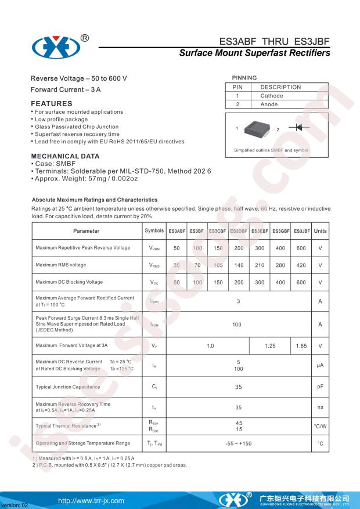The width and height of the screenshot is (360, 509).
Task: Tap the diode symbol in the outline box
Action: pyautogui.click(x=299, y=127)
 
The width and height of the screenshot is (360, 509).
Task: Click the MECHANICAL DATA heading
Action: pyautogui.click(x=64, y=156)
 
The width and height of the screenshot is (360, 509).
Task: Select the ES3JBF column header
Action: pyautogui.click(x=301, y=231)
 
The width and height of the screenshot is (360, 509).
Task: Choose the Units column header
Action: pyautogui.click(x=320, y=231)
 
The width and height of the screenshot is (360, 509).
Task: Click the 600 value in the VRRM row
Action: pyautogui.click(x=301, y=248)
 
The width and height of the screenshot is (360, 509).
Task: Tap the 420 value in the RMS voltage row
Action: pyautogui.click(x=301, y=265)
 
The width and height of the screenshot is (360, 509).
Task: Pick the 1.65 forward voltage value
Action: pyautogui.click(x=301, y=346)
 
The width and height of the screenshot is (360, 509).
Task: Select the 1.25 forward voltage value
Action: pyautogui.click(x=270, y=346)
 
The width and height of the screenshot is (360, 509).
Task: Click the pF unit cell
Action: pyautogui.click(x=320, y=387)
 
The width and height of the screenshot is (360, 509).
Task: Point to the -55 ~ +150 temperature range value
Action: pyautogui.click(x=239, y=443)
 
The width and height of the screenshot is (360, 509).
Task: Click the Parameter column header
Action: pyautogui.click(x=86, y=231)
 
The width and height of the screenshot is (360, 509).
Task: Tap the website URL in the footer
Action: pyautogui.click(x=91, y=500)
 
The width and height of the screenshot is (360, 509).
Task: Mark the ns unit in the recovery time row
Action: pyautogui.click(x=320, y=407)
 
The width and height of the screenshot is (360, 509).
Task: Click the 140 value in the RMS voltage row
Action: pyautogui.click(x=239, y=265)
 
